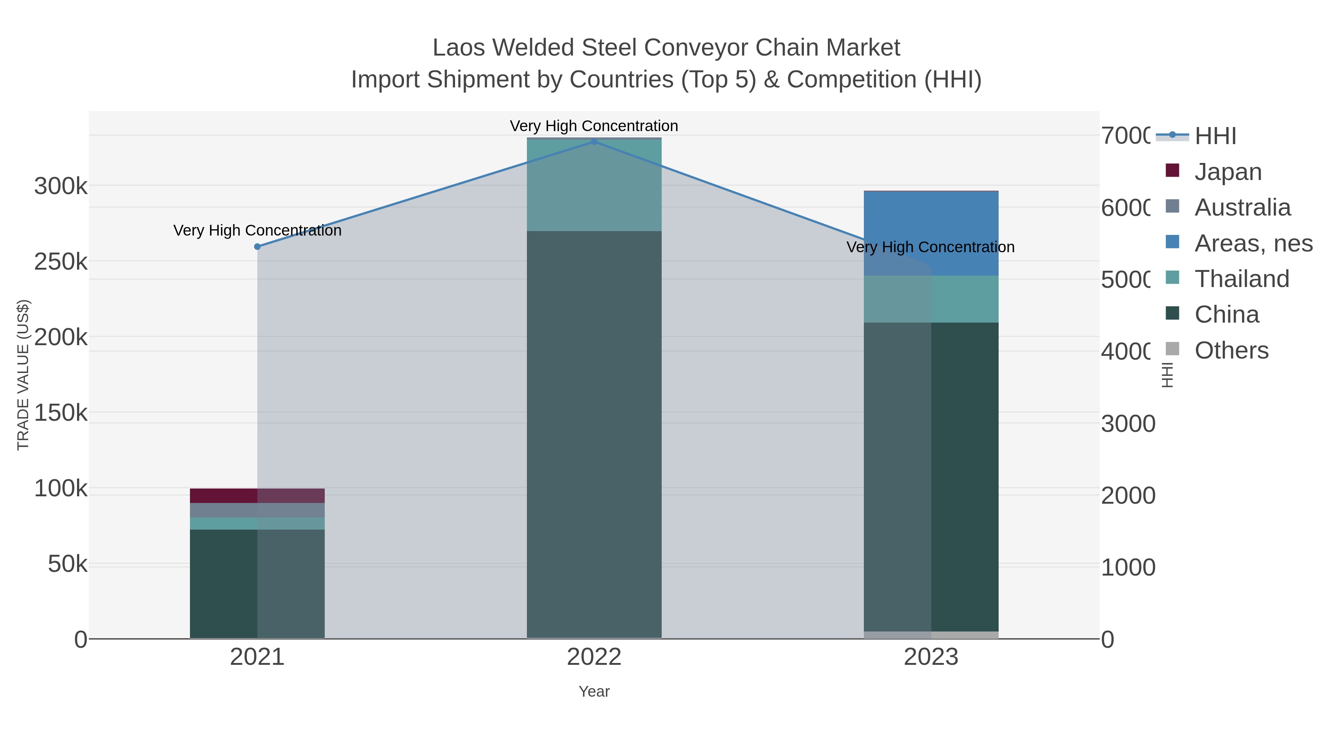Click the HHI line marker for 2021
[x=257, y=247]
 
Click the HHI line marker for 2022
[x=594, y=142]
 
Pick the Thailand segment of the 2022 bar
[x=594, y=185]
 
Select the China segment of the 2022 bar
[x=594, y=435]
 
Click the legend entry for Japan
[x=1227, y=172]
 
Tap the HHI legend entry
[x=1215, y=136]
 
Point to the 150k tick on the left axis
[x=61, y=413]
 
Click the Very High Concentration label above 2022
[x=594, y=126]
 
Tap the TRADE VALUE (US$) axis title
[x=23, y=375]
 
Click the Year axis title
[x=594, y=691]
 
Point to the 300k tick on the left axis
[x=61, y=186]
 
